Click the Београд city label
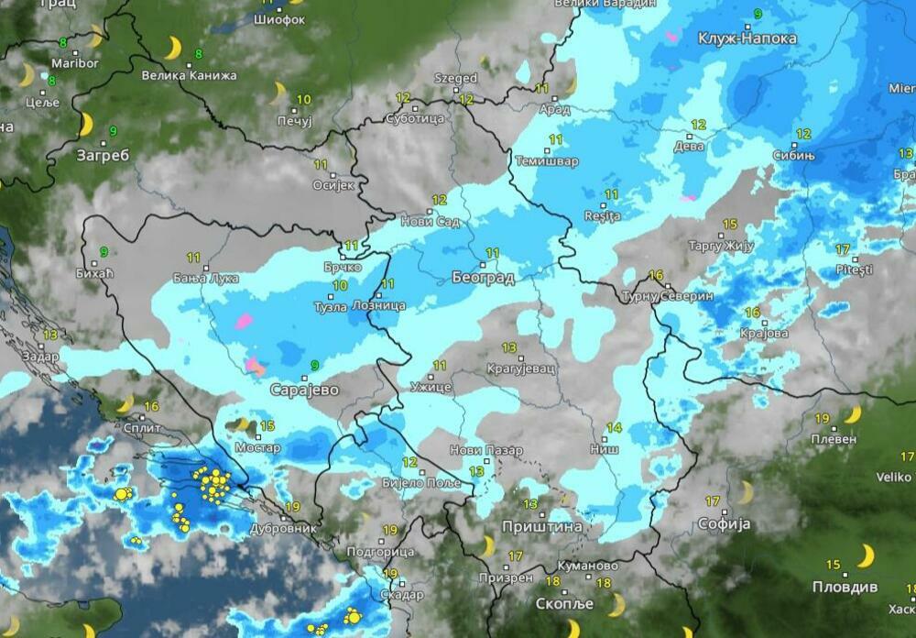(x=483, y=277)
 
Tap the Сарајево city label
(x=304, y=390)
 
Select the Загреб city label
(x=103, y=155)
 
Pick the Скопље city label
(x=565, y=605)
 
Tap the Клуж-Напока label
(x=747, y=38)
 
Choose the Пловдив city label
(x=845, y=587)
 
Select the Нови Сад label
(x=431, y=221)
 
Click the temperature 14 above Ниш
(x=614, y=428)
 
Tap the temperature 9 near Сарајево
(x=315, y=365)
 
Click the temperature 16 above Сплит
(x=152, y=406)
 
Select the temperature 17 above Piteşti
(x=843, y=249)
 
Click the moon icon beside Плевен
(x=852, y=415)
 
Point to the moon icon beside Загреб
(x=87, y=124)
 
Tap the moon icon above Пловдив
(x=865, y=555)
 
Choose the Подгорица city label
(x=382, y=552)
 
